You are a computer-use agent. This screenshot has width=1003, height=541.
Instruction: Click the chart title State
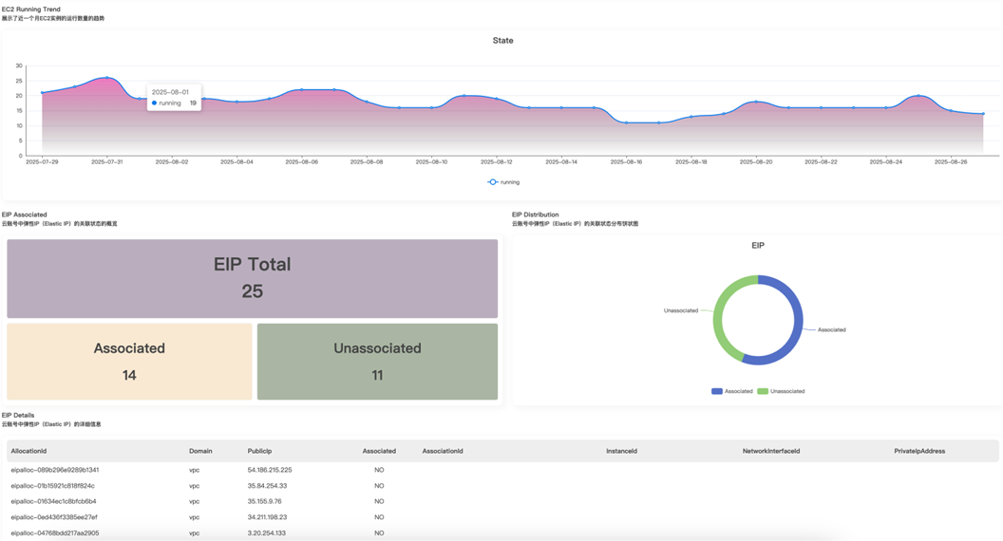point(502,41)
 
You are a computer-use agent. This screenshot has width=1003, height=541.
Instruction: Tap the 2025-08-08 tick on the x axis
point(367,162)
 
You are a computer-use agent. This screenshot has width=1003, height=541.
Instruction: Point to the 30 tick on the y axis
point(19,65)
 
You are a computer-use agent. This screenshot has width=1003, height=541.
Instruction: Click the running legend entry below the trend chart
point(503,182)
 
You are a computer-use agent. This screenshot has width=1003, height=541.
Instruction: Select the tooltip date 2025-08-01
point(170,92)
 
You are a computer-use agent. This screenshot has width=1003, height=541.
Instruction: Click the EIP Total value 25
point(252,291)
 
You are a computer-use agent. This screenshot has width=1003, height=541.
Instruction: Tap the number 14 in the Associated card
point(129,376)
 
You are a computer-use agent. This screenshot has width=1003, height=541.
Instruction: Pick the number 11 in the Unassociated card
point(377,376)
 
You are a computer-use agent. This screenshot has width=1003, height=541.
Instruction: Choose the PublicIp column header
point(259,451)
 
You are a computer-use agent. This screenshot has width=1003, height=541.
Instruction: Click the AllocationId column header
point(28,451)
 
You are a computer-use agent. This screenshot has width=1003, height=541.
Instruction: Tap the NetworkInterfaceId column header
point(770,451)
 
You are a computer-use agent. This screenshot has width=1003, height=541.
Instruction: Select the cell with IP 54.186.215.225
point(270,470)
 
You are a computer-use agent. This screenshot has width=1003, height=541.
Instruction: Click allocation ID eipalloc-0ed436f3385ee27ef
point(54,517)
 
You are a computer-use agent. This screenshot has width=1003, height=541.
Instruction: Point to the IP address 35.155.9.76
point(264,501)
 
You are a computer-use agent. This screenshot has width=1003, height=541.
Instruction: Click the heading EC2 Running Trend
point(30,9)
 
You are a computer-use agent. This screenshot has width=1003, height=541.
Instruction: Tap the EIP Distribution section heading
point(535,215)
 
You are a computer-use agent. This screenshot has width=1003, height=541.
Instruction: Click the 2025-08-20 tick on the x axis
point(756,162)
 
